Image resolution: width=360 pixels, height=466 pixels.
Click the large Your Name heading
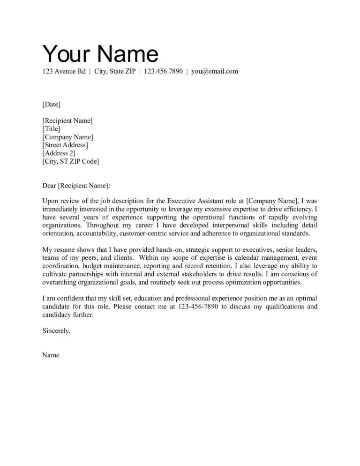pos(100,54)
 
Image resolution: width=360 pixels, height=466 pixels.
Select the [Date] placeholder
pos(51,104)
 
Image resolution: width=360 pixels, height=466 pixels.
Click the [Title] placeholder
pos(51,129)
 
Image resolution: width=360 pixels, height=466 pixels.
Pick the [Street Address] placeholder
pos(65,145)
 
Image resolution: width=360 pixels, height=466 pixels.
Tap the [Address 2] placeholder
pos(59,153)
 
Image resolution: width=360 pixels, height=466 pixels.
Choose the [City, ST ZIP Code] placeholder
pos(70,161)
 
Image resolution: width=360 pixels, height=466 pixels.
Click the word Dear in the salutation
pos(49,186)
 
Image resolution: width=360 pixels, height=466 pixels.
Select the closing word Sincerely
pos(56,331)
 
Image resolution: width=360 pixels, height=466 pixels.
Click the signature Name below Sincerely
pos(51,355)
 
